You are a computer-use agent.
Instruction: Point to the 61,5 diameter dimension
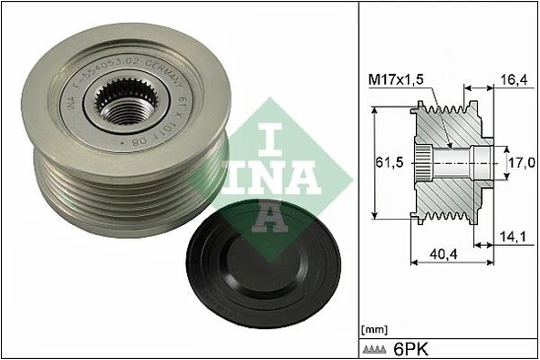coord(390,162)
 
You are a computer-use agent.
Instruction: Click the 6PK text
coord(412,348)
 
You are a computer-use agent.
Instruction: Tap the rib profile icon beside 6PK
coord(379,349)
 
